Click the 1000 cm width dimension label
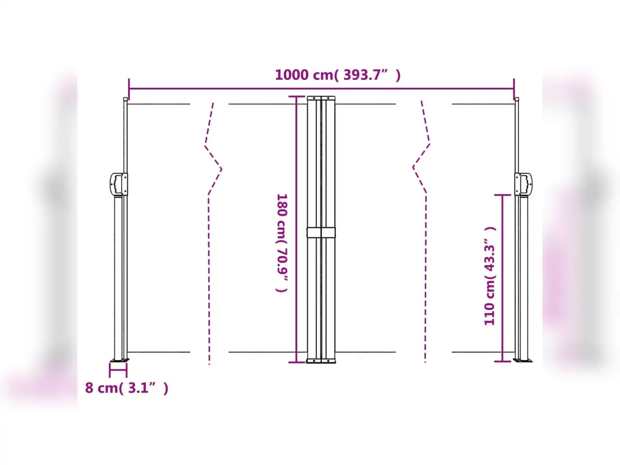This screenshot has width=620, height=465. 338,75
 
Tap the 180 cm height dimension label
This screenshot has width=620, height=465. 282,243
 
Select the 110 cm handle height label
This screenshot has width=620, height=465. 490,276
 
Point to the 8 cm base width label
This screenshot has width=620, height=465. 127,387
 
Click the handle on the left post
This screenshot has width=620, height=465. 118,184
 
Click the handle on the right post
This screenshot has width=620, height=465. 524,184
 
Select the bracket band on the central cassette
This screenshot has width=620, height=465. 321,232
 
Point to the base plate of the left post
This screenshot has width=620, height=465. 119,361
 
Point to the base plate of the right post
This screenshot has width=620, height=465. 523,360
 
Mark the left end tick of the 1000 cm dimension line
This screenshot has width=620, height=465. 129,88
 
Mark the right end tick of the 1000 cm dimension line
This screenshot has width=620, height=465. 514,88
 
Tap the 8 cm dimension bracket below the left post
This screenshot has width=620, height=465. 118,370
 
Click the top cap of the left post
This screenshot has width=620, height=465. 125,99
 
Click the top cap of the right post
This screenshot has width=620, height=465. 517,99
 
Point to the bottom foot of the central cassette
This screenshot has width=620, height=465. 321,361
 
